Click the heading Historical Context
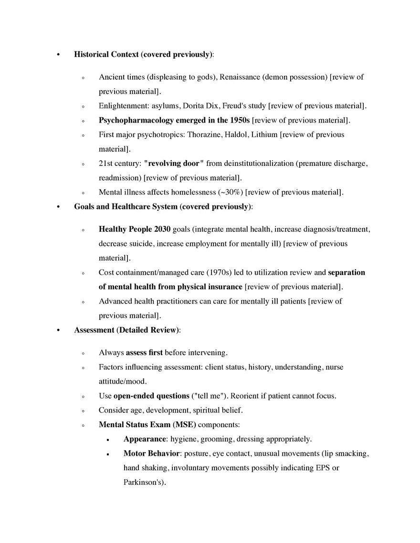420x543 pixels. [x=106, y=54]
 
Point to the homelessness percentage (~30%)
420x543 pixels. [x=230, y=192]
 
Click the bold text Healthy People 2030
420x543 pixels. [x=134, y=229]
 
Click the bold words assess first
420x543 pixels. [x=144, y=353]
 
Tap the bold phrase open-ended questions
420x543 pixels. [x=151, y=396]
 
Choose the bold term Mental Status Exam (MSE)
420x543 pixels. [x=147, y=424]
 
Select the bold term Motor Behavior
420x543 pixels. [x=151, y=453]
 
